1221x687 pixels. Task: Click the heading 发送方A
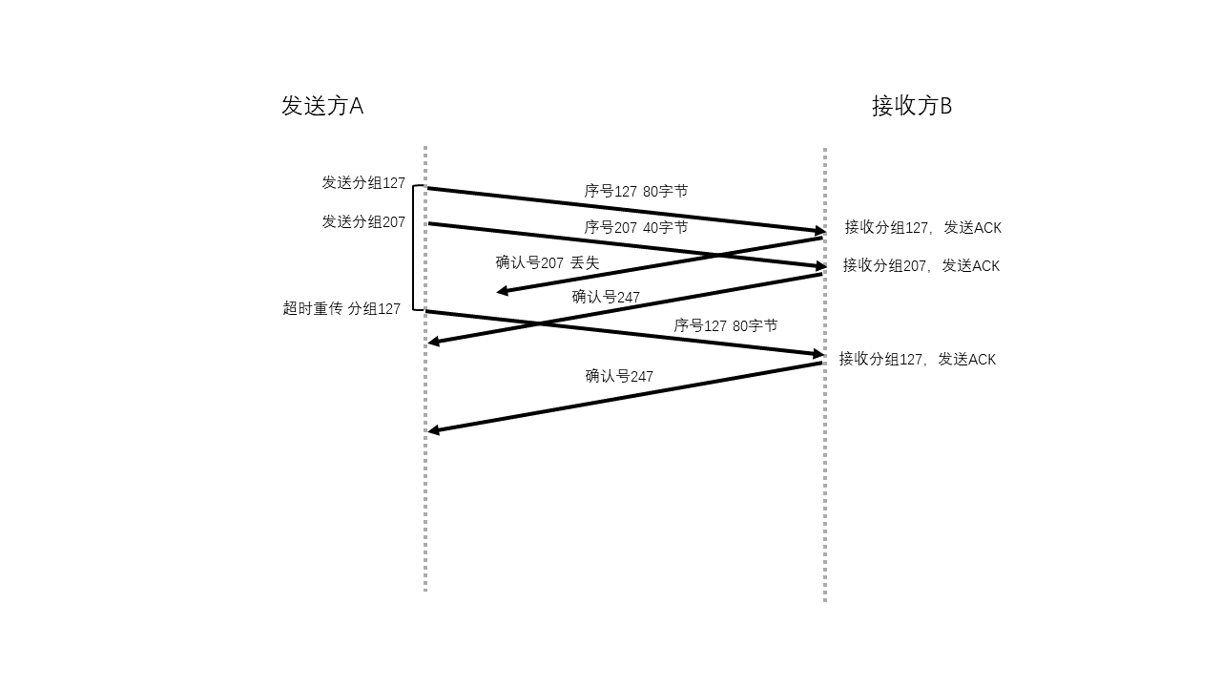point(322,106)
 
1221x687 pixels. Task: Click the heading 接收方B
point(912,106)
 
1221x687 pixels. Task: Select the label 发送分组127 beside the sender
point(363,182)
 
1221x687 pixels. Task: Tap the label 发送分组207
point(363,222)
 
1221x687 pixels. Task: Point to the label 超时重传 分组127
point(341,308)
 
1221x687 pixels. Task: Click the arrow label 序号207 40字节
point(636,227)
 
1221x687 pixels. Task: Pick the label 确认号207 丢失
point(548,262)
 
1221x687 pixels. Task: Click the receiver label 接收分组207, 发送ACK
point(921,265)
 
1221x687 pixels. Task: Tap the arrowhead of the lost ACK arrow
point(502,291)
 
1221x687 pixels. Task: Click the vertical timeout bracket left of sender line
point(413,247)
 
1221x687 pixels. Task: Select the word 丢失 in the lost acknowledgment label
point(585,262)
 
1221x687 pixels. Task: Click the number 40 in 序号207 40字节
point(651,227)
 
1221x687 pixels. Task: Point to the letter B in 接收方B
point(945,106)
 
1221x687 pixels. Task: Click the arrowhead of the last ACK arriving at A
point(433,430)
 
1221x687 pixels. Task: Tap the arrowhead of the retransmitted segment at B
point(818,354)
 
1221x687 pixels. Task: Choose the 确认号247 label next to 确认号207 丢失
point(606,297)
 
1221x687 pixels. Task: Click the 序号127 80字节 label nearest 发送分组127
point(636,192)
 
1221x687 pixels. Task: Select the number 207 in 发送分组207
point(394,222)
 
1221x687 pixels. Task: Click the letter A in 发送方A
point(357,106)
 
